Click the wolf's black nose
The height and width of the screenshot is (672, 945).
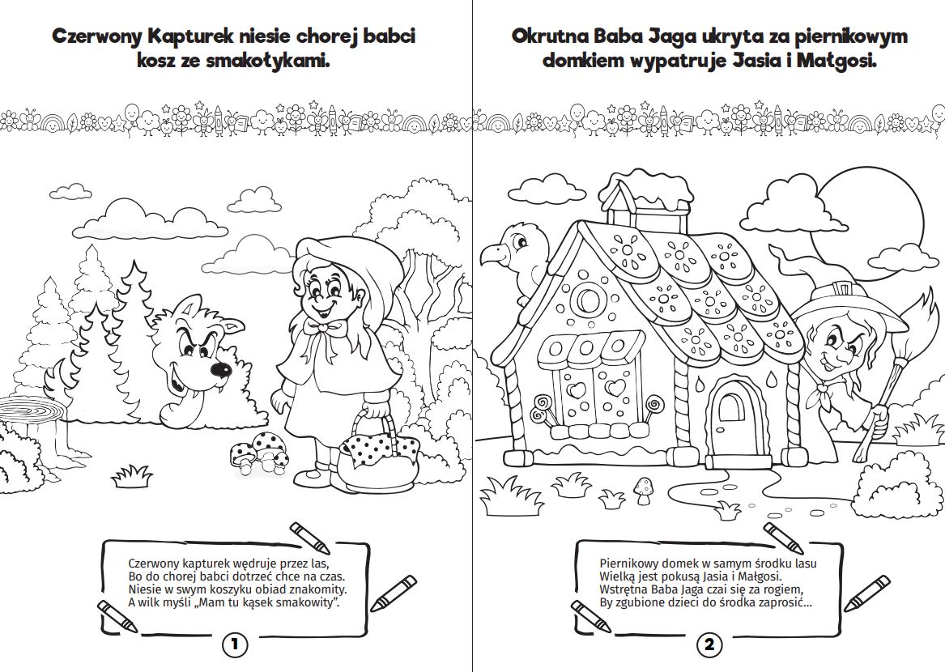219,368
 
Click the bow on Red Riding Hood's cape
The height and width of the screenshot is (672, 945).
326,329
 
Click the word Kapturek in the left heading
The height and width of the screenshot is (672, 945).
190,36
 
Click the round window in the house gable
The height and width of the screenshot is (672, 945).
588,300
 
